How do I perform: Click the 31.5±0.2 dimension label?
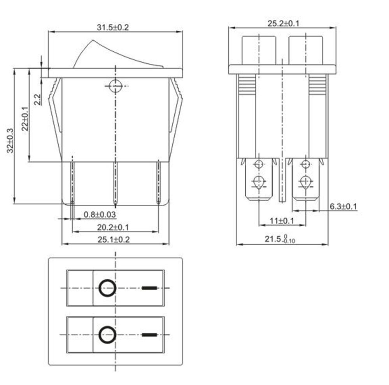pyautogui.click(x=112, y=27)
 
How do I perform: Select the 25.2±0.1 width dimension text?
pyautogui.click(x=283, y=23)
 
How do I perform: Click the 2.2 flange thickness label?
pyautogui.click(x=37, y=99)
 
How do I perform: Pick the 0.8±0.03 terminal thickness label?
pyautogui.click(x=100, y=214)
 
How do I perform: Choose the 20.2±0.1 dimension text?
pyautogui.click(x=113, y=227)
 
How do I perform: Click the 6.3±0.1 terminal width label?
pyautogui.click(x=343, y=207)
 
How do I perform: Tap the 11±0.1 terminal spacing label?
pyautogui.click(x=282, y=221)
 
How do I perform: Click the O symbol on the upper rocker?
pyautogui.click(x=107, y=288)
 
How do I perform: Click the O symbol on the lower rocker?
pyautogui.click(x=107, y=334)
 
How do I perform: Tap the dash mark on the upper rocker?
pyautogui.click(x=150, y=288)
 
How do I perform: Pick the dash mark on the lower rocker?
pyautogui.click(x=150, y=334)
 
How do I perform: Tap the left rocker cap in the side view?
pyautogui.click(x=259, y=50)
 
